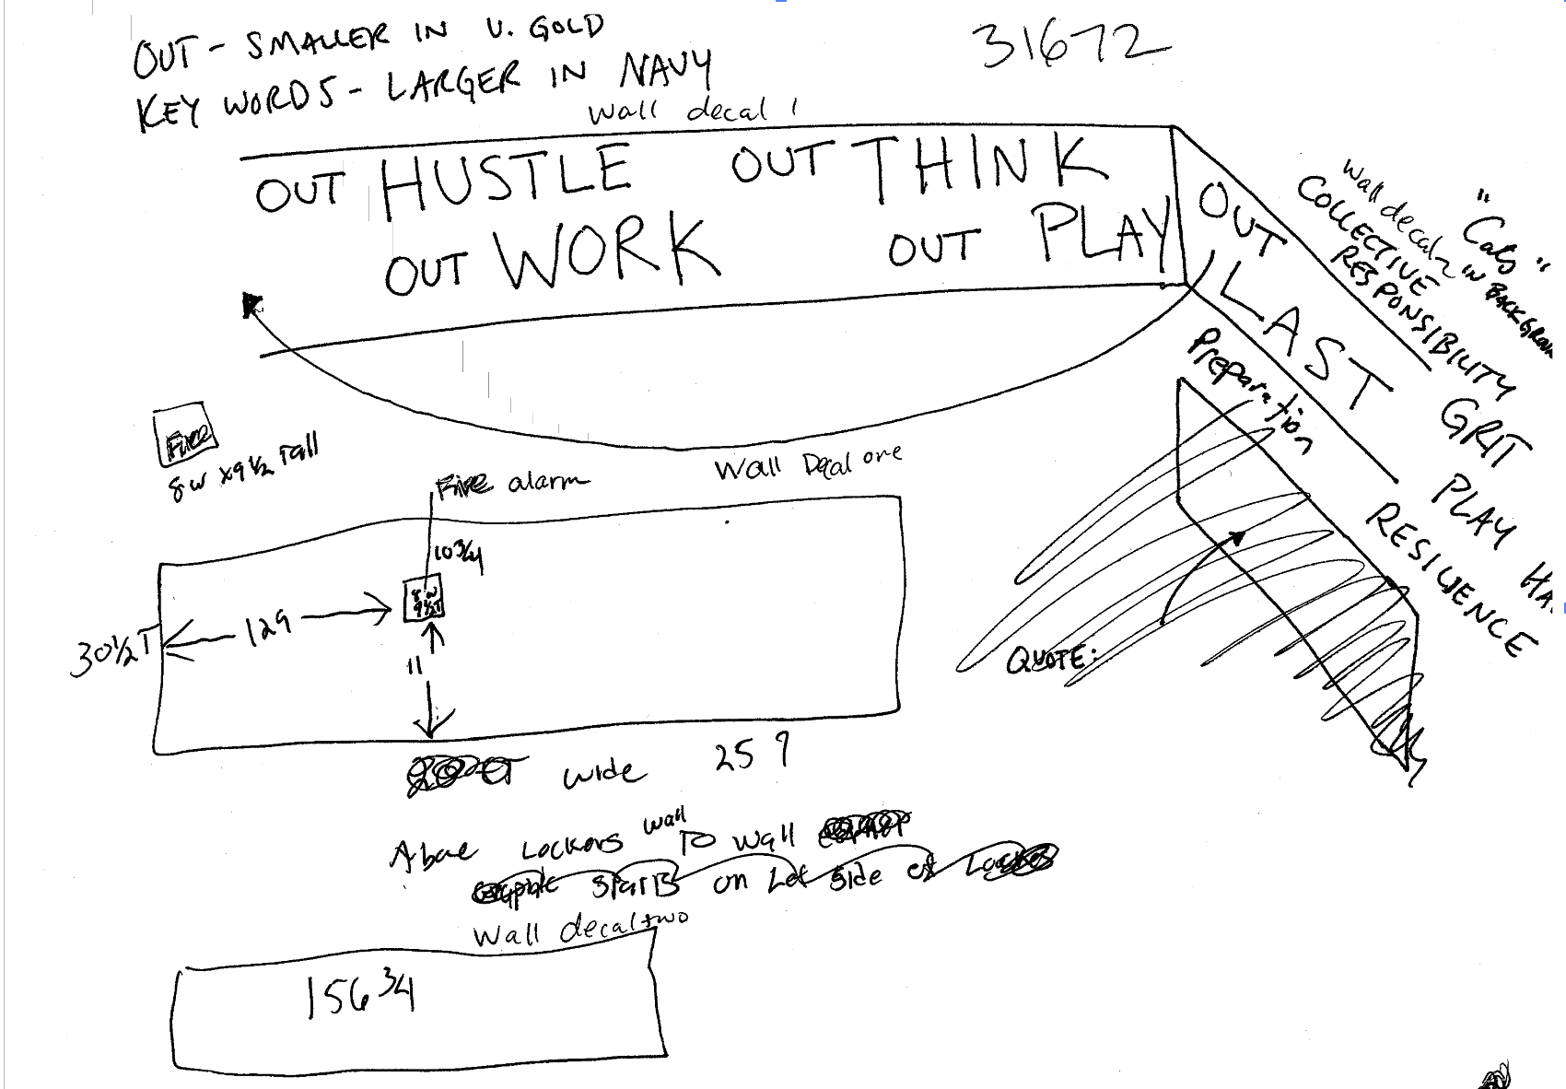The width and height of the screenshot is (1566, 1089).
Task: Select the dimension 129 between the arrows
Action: (268, 626)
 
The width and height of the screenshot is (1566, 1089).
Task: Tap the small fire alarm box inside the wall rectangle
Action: (425, 599)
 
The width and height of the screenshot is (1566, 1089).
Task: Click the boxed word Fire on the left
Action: (187, 433)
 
